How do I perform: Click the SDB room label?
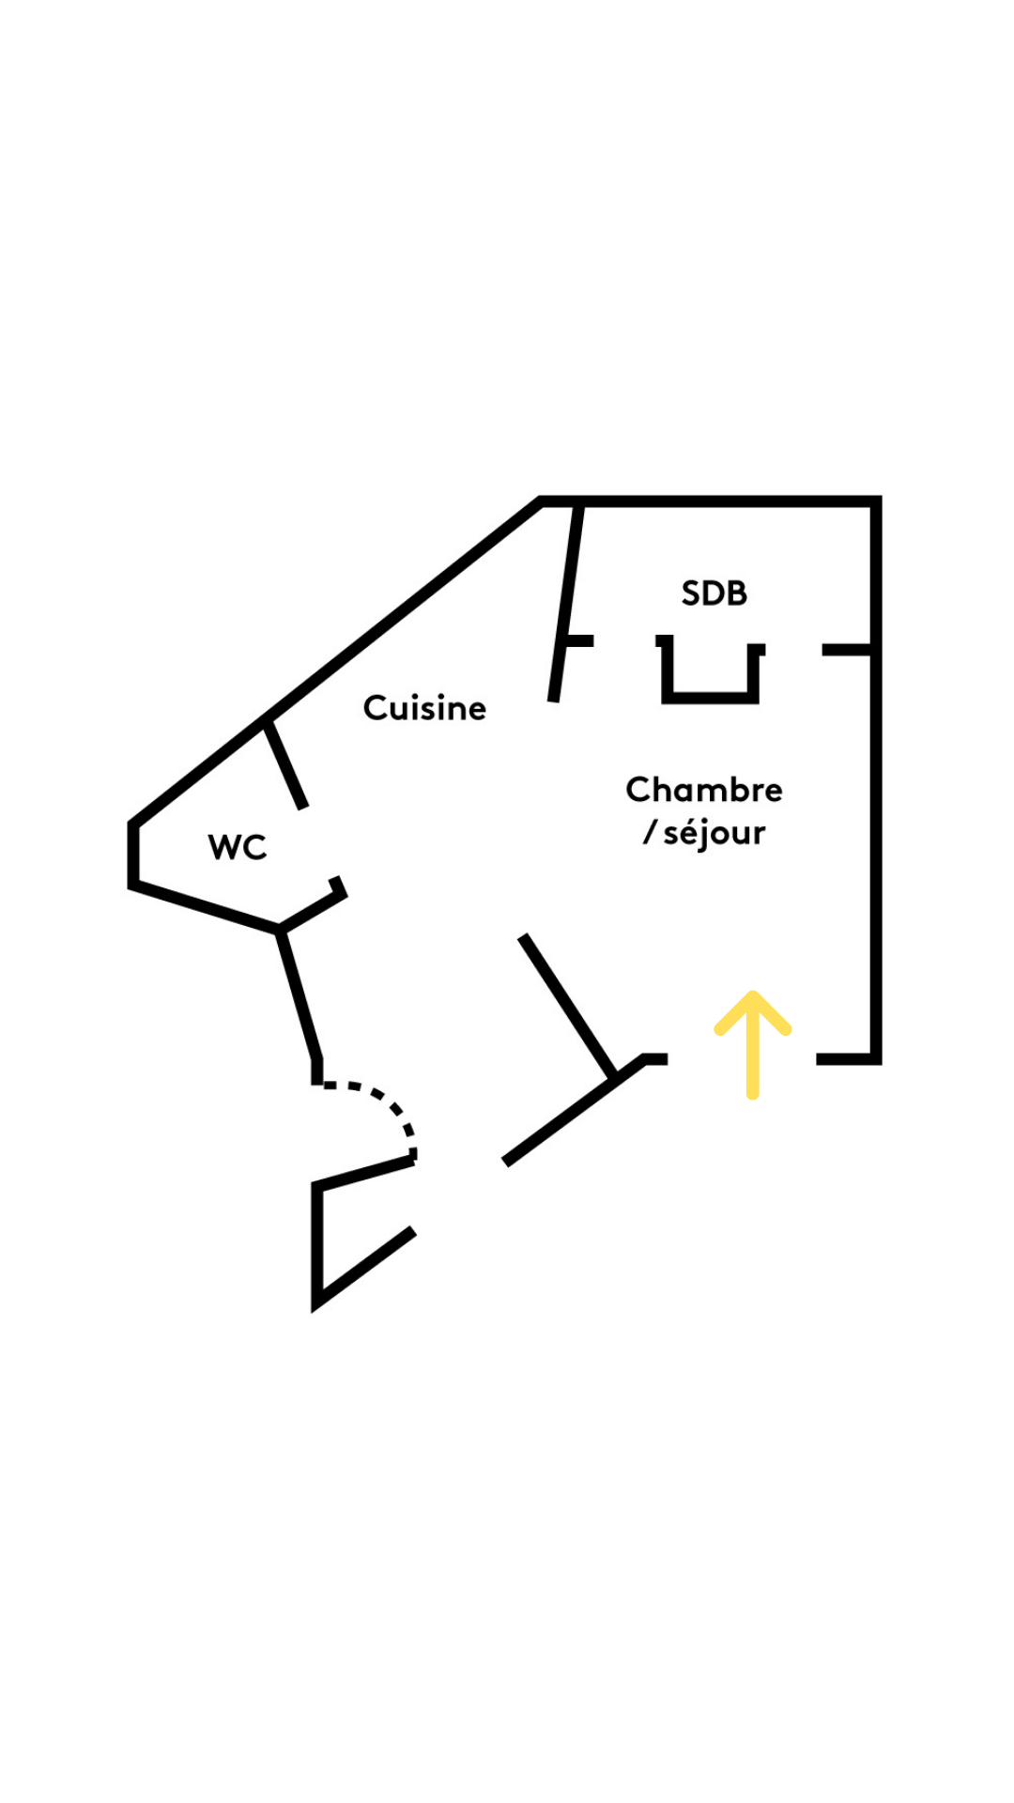tap(714, 593)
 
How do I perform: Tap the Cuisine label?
tap(424, 708)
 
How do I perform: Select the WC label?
tap(238, 847)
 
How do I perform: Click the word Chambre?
tap(703, 790)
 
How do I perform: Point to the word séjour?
tap(714, 833)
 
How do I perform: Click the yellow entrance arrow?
tap(752, 1047)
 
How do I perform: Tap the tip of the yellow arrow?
tap(752, 995)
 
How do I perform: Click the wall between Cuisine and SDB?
tap(566, 601)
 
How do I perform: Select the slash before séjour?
tap(650, 832)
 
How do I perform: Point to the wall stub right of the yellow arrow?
tap(845, 1059)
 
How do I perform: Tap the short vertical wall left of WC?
tap(133, 855)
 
